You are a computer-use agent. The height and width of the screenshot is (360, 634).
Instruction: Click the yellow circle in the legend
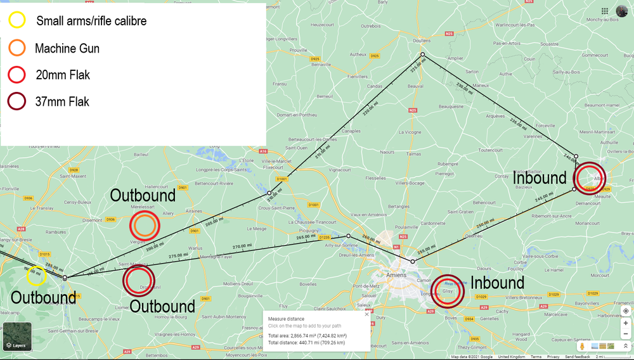[x=17, y=20]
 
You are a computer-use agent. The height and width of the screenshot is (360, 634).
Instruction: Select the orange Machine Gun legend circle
[x=17, y=48]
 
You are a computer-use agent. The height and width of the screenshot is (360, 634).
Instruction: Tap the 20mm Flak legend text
[x=63, y=75]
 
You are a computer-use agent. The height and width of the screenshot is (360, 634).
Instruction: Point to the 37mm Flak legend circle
[x=17, y=101]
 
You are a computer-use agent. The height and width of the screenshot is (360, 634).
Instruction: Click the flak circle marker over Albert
[x=589, y=177]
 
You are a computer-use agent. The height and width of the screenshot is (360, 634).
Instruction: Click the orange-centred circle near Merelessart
[x=145, y=226]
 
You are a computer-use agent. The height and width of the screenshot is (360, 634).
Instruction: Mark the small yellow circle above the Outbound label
[x=36, y=276]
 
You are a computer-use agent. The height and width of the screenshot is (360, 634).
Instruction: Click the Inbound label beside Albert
[x=540, y=178]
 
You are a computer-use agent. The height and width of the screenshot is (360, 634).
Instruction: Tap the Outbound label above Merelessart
[x=143, y=195]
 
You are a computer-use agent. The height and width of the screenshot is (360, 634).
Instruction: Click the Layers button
[x=17, y=337]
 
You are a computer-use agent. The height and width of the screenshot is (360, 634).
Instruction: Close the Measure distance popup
[x=366, y=314]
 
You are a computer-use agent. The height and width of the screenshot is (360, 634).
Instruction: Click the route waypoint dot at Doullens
[x=422, y=56]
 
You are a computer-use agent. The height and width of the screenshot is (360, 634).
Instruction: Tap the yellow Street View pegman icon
[x=581, y=347]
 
